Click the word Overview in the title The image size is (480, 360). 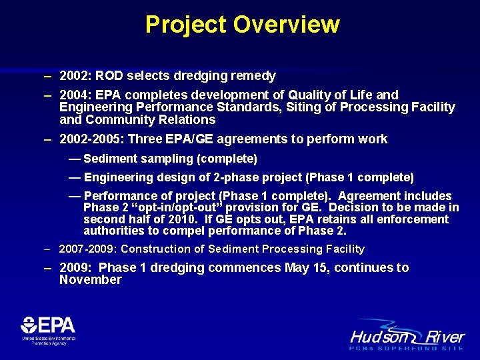[x=287, y=25]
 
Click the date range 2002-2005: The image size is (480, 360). [x=91, y=139]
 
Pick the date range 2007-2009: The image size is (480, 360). [x=87, y=249]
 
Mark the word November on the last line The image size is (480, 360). [x=91, y=280]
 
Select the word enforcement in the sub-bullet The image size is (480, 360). [x=417, y=219]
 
